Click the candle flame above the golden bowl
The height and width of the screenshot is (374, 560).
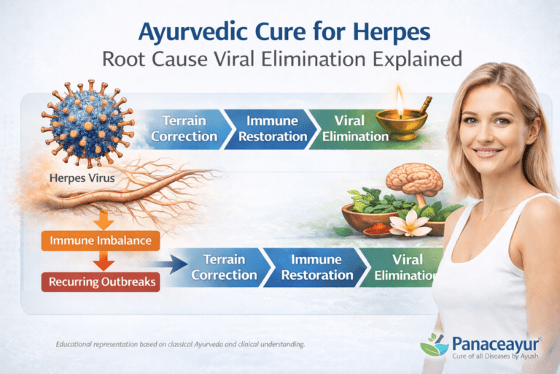(400, 93)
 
